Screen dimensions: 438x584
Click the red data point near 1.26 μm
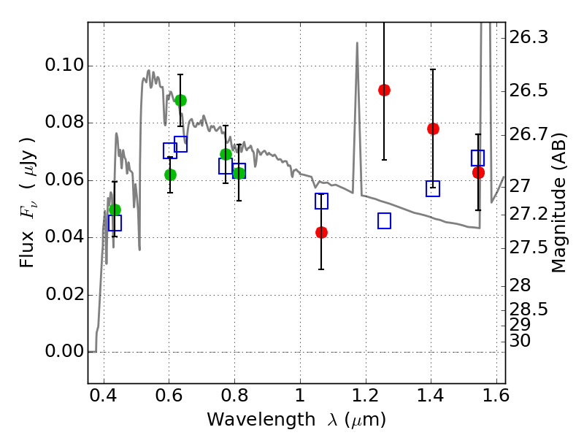coord(384,90)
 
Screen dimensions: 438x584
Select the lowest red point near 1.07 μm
coord(321,232)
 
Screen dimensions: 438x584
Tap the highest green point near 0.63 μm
coord(180,100)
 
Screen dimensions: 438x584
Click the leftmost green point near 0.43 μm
coord(115,210)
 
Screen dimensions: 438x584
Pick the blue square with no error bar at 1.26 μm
coord(384,220)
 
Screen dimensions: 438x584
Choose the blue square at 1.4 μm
coord(433,188)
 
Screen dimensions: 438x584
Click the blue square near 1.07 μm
coord(321,201)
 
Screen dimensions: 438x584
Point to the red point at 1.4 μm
coord(433,128)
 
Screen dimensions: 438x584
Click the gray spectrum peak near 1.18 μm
coord(357,43)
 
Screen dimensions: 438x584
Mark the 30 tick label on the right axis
coord(520,341)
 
